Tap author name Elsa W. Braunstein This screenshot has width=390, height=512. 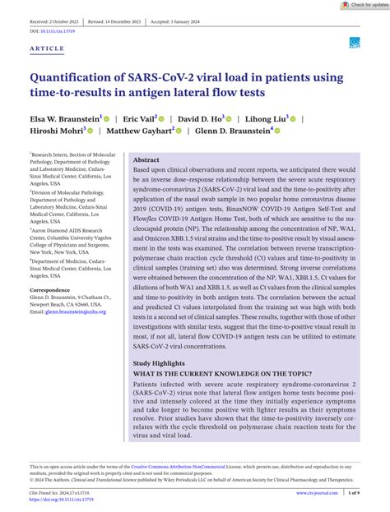pos(63,118)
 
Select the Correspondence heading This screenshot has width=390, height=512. pos(49,290)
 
